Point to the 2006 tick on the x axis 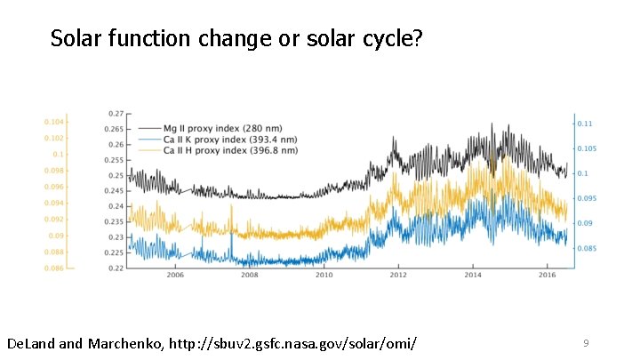click(174, 276)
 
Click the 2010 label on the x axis click(323, 276)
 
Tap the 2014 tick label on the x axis click(472, 276)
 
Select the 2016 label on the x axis click(546, 276)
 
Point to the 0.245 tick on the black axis click(116, 191)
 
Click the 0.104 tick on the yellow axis click(53, 121)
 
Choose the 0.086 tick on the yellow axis click(53, 268)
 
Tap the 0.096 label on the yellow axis click(53, 187)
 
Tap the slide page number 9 click(586, 342)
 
